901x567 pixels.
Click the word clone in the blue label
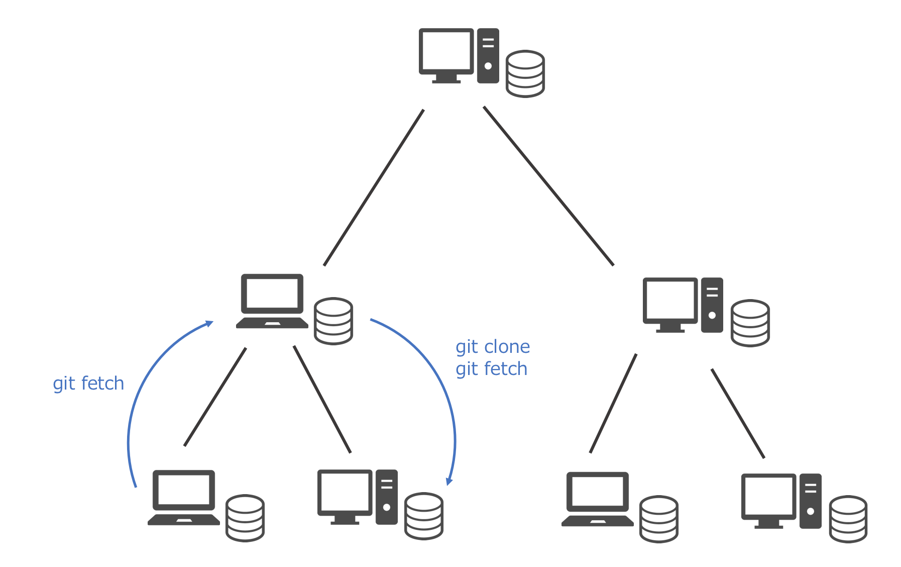tap(507, 347)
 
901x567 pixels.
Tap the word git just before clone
tap(467, 347)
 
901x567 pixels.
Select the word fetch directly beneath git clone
tap(506, 369)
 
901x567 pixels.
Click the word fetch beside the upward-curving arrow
tap(102, 384)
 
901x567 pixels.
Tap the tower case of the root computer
tap(488, 55)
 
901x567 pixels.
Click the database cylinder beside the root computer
tap(525, 73)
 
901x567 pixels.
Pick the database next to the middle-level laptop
tap(333, 321)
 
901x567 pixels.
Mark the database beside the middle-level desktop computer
tap(750, 323)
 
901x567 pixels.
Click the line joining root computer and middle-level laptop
tap(374, 187)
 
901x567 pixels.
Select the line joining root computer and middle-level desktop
tap(548, 185)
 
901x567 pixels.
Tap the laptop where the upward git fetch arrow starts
tap(184, 497)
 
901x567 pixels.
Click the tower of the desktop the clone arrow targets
tap(386, 497)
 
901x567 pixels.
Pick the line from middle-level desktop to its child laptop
tap(613, 403)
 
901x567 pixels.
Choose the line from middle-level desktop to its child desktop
tap(738, 413)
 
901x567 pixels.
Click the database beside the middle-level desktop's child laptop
tap(659, 519)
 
